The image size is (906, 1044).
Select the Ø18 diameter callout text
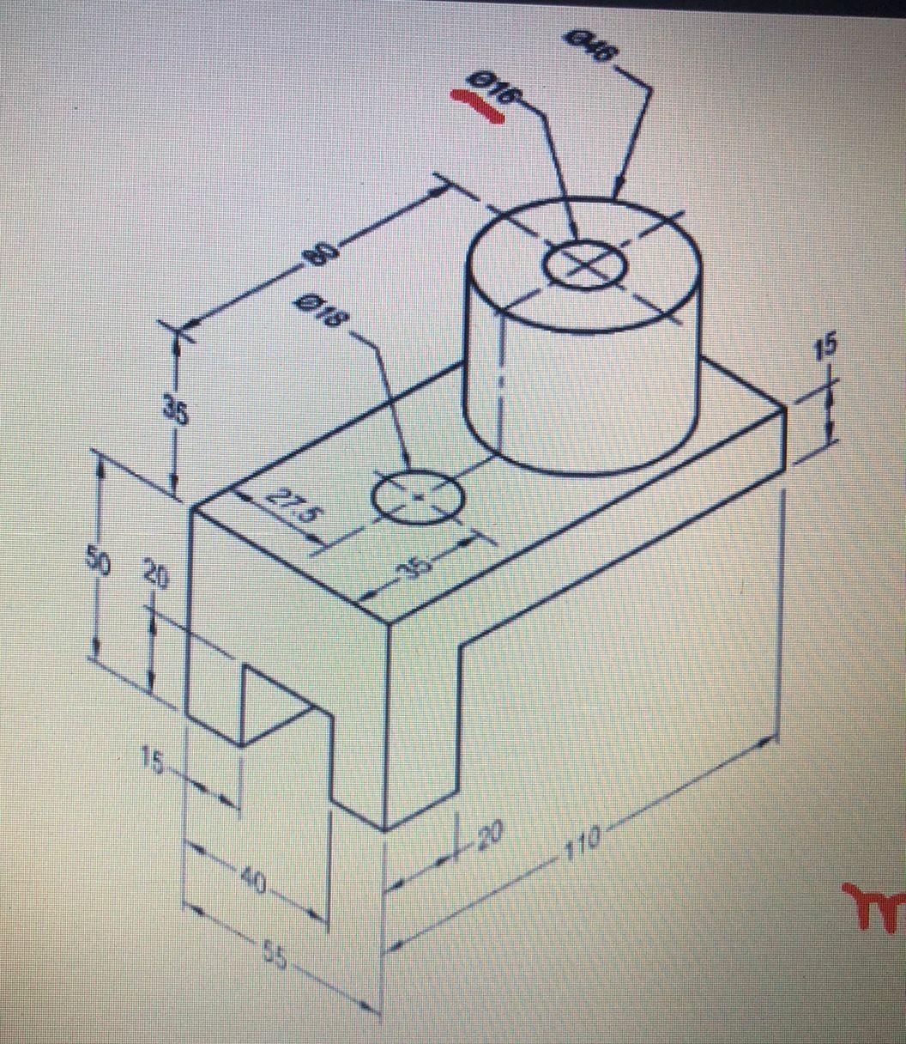[320, 313]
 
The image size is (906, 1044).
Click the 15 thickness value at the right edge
[828, 348]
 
